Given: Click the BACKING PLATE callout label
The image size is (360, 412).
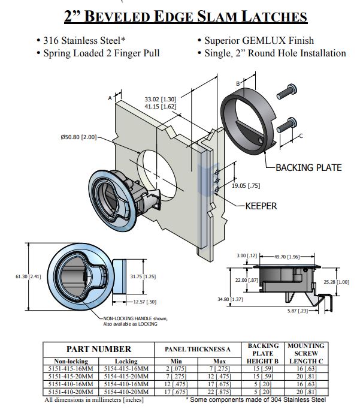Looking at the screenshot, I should (x=308, y=167).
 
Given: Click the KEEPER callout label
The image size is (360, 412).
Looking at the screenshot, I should (x=261, y=206).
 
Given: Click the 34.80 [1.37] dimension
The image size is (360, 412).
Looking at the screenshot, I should (x=235, y=299).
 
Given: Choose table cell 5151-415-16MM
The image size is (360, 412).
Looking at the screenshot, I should (x=69, y=369).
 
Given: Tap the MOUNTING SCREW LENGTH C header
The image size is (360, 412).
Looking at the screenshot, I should (x=306, y=353).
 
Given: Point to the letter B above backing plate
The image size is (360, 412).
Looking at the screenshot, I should (x=238, y=83).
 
